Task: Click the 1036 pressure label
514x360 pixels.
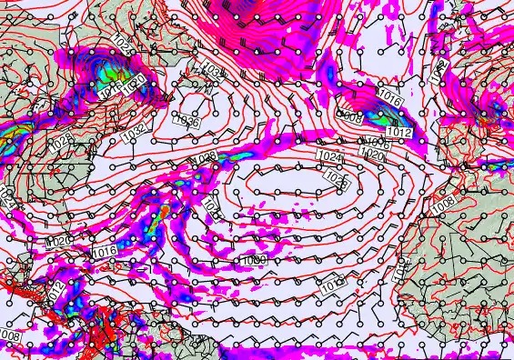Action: click(x=186, y=120)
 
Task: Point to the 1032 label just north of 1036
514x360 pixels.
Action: click(x=211, y=70)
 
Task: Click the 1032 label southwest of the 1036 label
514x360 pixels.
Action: click(x=133, y=132)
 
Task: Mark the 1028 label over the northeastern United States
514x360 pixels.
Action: click(x=61, y=141)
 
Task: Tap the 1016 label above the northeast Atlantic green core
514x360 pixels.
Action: click(x=390, y=96)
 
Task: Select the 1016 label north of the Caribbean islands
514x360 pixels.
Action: click(x=104, y=251)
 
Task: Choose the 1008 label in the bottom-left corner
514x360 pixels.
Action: click(x=10, y=335)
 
